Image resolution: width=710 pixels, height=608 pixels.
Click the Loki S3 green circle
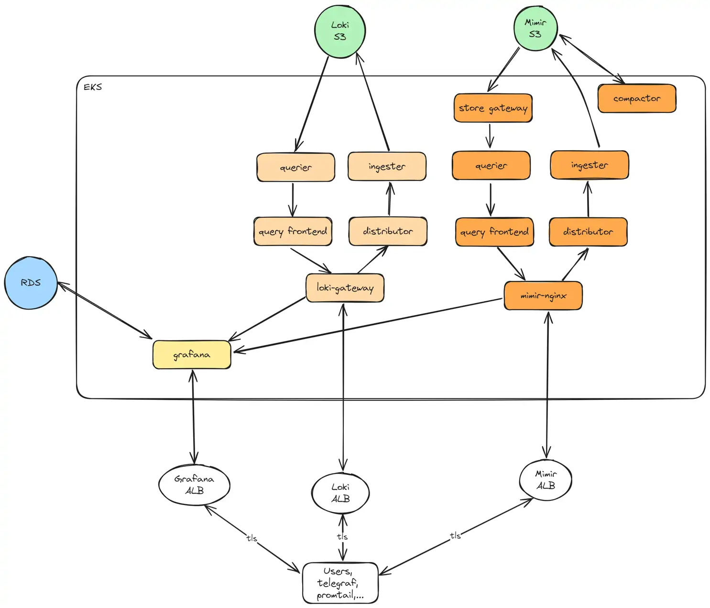[340, 32]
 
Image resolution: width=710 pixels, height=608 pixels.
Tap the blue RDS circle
[31, 283]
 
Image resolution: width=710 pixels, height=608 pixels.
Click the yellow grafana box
[192, 355]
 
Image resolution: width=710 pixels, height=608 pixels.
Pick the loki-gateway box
[345, 288]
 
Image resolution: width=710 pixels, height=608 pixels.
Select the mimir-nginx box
[543, 296]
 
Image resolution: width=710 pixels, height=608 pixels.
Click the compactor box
[637, 99]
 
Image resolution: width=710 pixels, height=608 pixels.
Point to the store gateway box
[493, 108]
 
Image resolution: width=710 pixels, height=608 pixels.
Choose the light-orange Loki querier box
[295, 168]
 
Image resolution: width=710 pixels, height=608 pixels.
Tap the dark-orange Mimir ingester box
[590, 165]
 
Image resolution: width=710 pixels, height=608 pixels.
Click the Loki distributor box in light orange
[388, 231]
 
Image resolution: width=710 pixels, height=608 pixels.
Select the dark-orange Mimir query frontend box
[494, 232]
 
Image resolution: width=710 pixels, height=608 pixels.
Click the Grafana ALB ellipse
[194, 485]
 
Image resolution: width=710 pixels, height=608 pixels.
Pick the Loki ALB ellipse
[340, 493]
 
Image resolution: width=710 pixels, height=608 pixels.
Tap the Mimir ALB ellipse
[546, 480]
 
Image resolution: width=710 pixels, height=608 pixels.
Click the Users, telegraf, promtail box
[340, 583]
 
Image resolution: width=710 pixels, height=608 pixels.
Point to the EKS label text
[93, 87]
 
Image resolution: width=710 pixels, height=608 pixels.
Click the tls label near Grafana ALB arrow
[251, 538]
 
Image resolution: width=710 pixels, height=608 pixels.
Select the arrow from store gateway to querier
[490, 136]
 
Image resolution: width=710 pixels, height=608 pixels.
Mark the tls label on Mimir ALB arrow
[455, 535]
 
